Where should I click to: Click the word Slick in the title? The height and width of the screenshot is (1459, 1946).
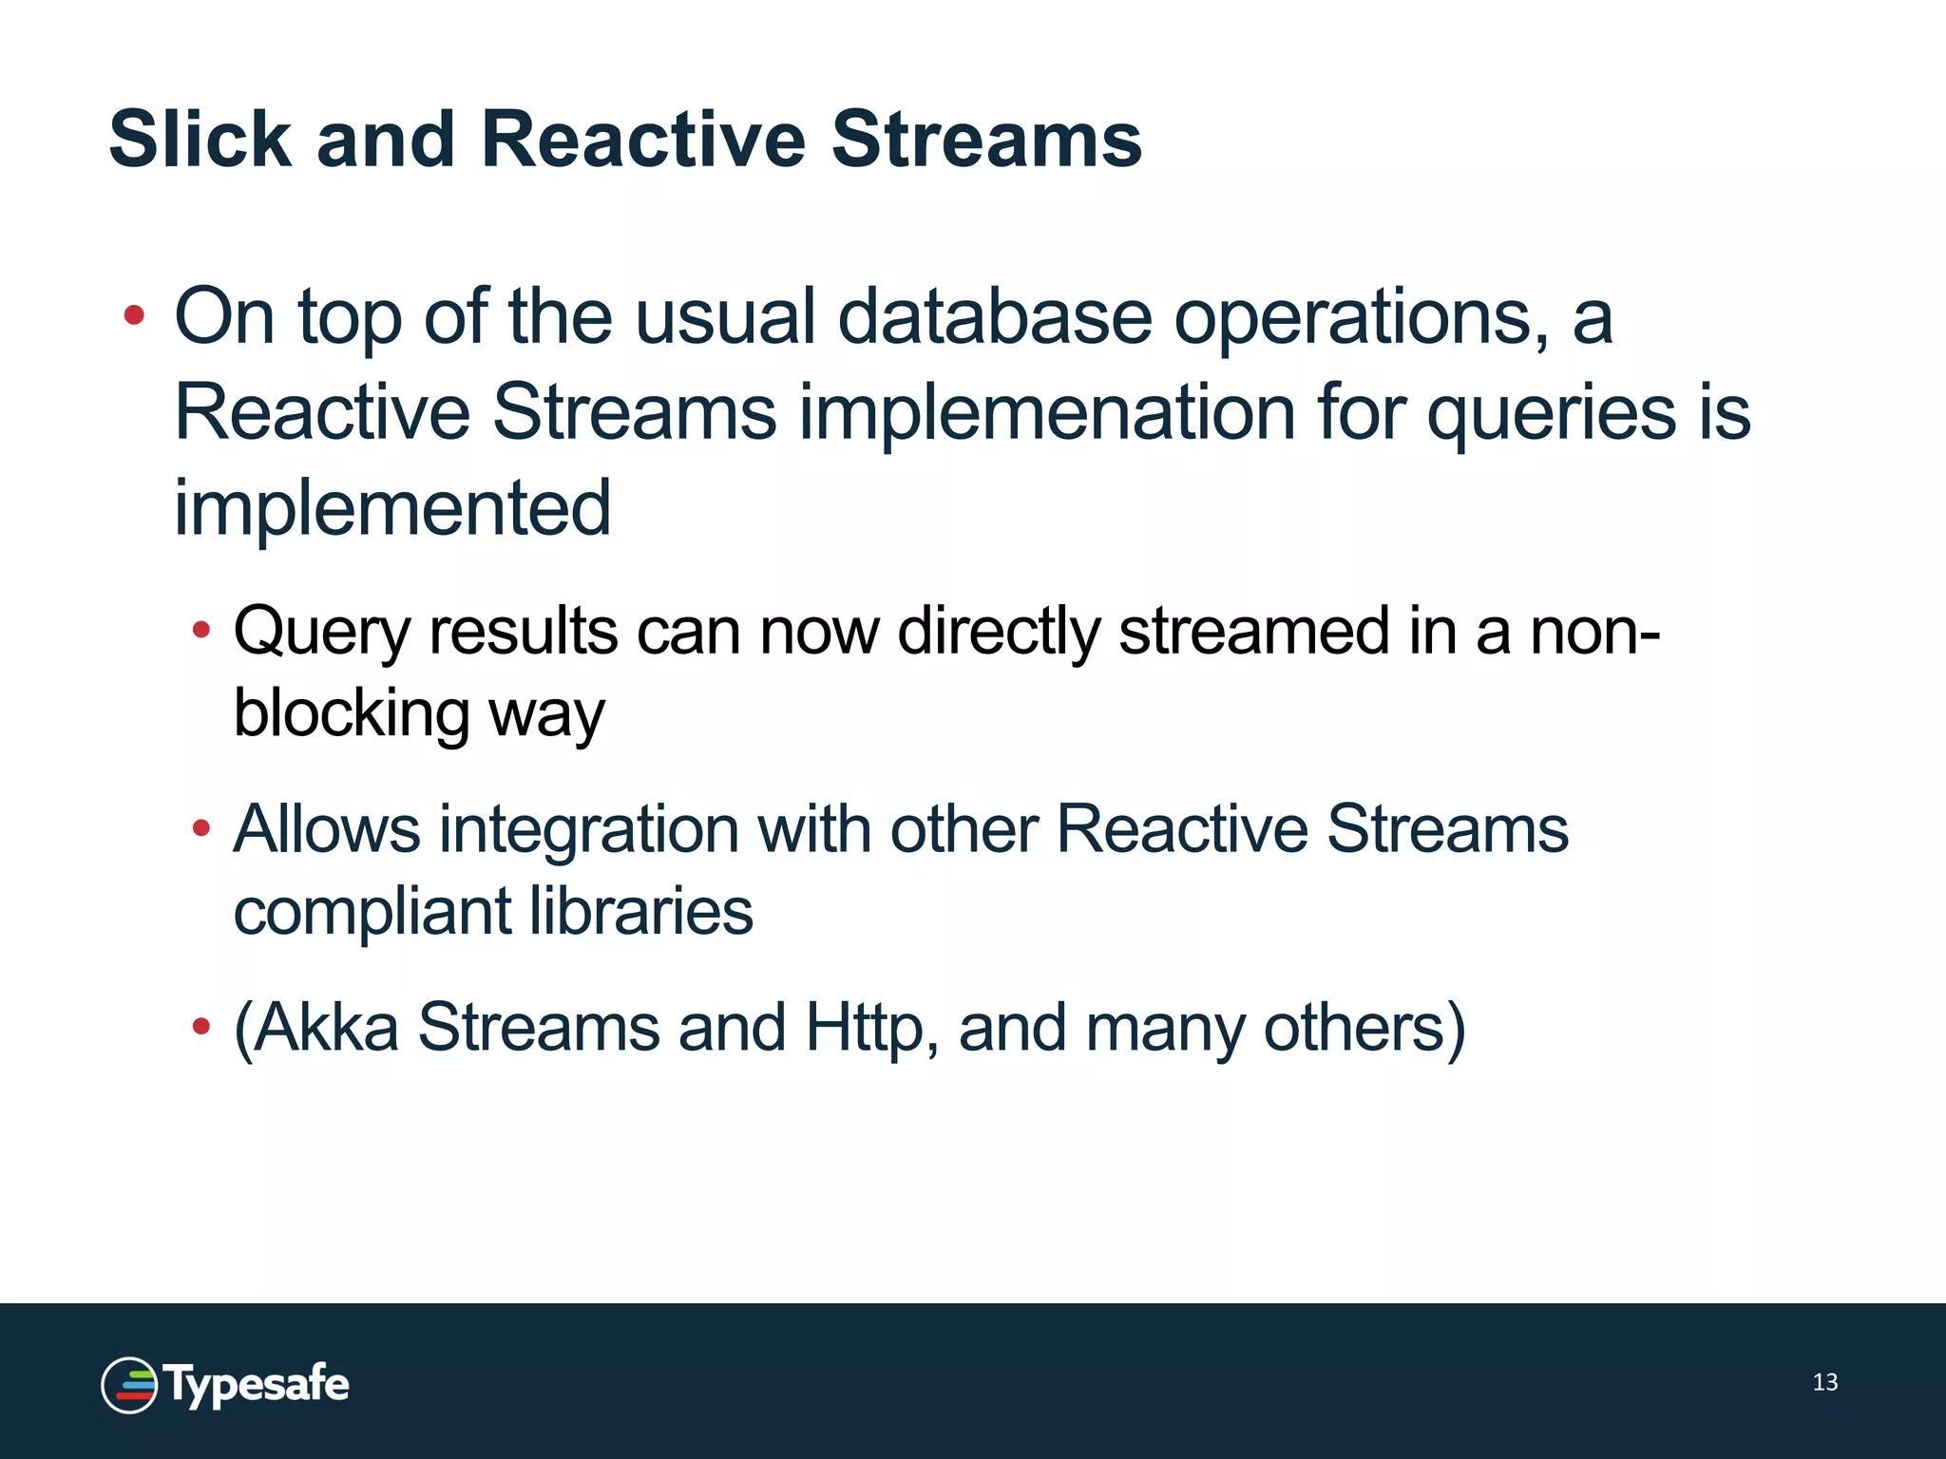(200, 140)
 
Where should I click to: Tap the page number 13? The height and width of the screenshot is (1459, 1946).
(1824, 1382)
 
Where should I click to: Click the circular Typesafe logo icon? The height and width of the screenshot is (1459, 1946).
(129, 1385)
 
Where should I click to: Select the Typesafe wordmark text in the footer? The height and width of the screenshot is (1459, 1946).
(258, 1385)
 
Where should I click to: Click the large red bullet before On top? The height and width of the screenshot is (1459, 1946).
(134, 315)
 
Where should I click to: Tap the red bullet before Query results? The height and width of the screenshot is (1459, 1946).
(200, 629)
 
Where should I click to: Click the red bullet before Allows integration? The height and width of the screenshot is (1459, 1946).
(200, 828)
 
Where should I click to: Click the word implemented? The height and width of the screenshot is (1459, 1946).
(391, 507)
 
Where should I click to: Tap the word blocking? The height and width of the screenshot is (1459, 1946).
(352, 712)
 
